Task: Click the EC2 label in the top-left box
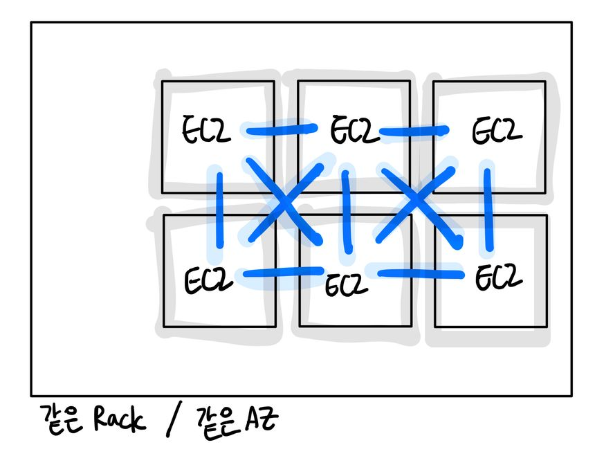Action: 206,131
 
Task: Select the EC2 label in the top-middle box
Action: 354,131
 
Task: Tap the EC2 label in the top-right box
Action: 497,131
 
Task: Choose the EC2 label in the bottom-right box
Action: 498,277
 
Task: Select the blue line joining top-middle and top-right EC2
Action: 413,130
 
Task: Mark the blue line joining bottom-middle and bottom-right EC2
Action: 420,274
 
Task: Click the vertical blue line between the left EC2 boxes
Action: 219,206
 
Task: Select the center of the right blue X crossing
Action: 416,202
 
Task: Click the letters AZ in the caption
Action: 261,420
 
